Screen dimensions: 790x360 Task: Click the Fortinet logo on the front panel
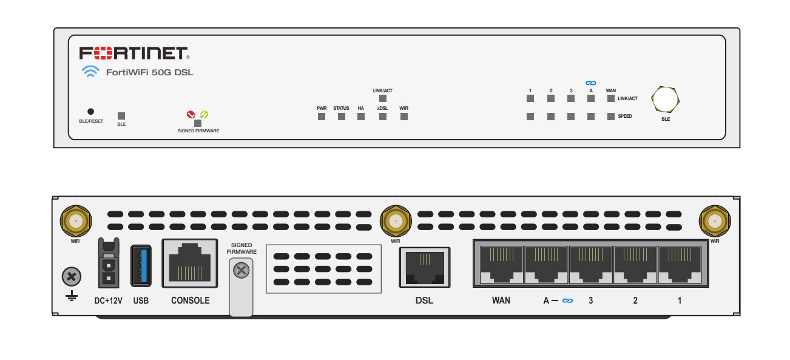tap(134, 53)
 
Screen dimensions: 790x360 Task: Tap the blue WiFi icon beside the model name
tap(90, 72)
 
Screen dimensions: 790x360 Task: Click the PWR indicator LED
tap(322, 117)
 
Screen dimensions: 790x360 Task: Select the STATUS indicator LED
tap(342, 117)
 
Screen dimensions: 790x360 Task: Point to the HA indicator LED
tap(361, 117)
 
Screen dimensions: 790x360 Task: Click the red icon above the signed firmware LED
tap(191, 114)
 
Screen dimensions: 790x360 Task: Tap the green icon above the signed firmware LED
tap(204, 114)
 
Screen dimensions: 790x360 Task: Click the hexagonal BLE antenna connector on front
tap(665, 100)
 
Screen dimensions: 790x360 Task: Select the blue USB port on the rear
tap(141, 266)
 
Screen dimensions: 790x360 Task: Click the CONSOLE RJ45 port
tap(190, 263)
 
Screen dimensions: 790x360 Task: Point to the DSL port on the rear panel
tap(425, 267)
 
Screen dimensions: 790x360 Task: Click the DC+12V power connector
tap(109, 263)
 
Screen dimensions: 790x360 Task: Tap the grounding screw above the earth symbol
tap(72, 277)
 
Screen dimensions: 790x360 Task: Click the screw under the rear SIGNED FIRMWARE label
tap(241, 271)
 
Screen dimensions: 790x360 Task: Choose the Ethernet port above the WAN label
tap(502, 264)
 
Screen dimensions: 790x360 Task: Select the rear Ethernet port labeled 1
tap(679, 264)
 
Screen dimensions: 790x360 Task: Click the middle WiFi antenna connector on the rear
tap(396, 222)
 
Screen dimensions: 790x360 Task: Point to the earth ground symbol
tap(72, 296)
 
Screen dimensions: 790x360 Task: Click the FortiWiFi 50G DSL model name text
tap(149, 72)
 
